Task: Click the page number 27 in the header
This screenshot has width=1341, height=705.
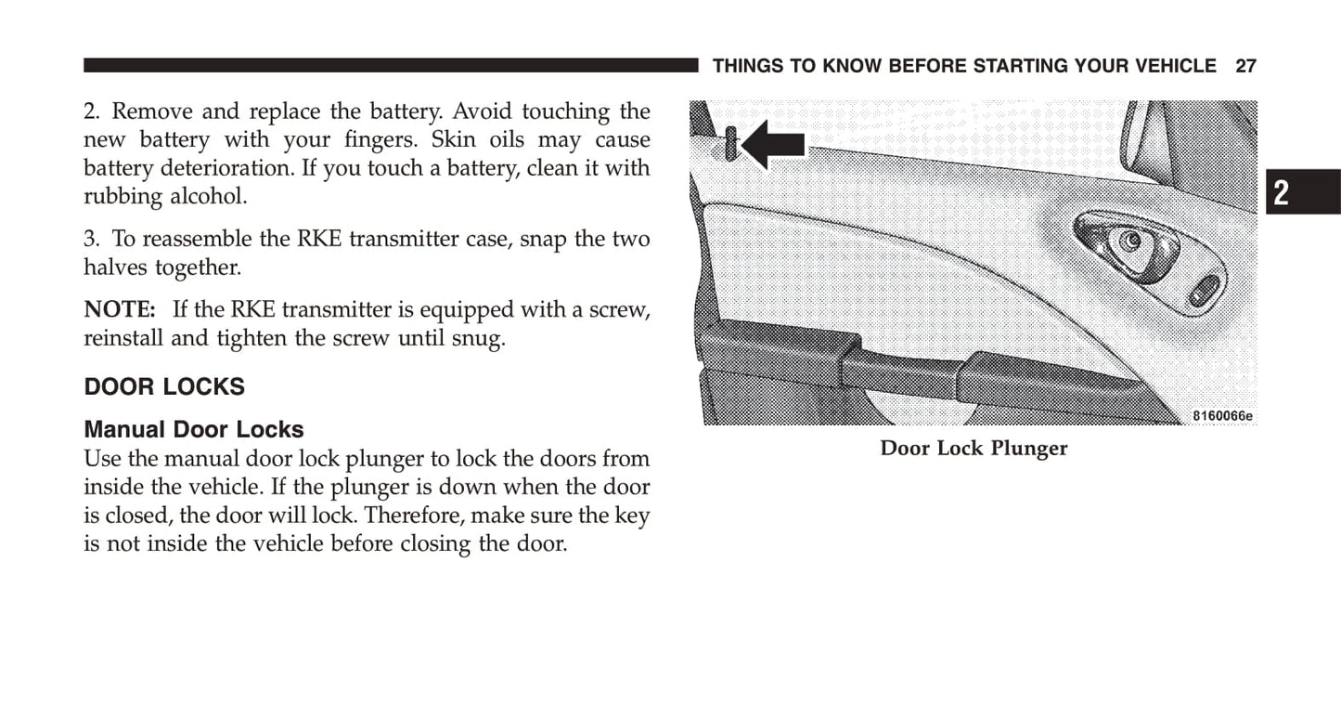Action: [1245, 66]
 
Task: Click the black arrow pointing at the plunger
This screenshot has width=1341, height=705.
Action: [772, 144]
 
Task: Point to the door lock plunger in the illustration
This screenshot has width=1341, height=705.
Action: [731, 143]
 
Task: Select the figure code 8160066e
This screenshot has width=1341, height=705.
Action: [1222, 416]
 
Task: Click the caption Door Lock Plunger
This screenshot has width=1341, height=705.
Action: [974, 448]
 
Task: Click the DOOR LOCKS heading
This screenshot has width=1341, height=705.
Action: [164, 387]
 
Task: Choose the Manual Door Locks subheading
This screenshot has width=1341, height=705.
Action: [194, 429]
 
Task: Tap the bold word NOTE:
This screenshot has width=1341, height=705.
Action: [120, 309]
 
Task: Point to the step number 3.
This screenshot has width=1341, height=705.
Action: [92, 239]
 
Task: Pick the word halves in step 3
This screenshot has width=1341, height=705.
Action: [115, 268]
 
